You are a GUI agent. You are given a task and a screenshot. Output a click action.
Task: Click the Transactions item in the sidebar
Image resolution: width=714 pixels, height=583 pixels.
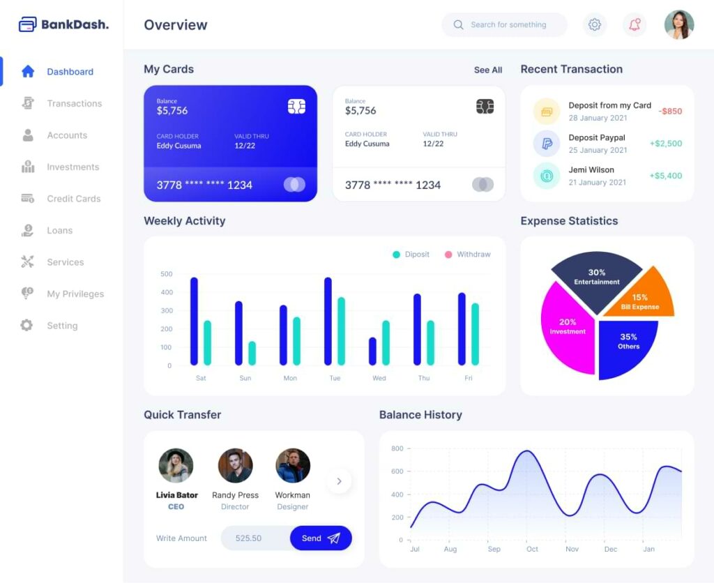[x=74, y=103]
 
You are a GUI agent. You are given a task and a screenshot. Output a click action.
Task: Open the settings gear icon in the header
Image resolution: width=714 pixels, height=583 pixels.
[x=595, y=25]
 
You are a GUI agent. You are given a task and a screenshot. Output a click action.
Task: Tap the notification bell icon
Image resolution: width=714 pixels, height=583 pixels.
[x=635, y=25]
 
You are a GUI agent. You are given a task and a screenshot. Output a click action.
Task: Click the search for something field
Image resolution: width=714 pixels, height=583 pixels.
[x=508, y=25]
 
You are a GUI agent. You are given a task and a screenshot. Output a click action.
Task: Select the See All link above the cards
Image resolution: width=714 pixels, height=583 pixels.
[x=487, y=70]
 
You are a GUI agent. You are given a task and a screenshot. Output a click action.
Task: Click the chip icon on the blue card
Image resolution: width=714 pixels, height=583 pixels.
[x=296, y=107]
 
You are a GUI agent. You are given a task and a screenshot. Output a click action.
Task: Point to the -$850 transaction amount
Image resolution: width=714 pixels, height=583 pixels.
[x=670, y=112]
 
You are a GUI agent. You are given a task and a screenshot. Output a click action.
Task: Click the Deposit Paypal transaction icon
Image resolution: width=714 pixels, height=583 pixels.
[x=547, y=144]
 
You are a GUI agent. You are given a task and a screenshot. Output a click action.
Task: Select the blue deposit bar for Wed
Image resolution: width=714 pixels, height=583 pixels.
[x=372, y=351]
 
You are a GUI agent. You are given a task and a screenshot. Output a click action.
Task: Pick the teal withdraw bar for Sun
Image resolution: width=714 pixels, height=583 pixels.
[x=252, y=353]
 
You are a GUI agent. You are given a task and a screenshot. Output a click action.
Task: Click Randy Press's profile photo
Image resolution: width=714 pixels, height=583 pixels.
[x=235, y=466]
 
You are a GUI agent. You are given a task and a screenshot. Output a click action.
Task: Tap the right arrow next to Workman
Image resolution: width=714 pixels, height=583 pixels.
[x=340, y=481]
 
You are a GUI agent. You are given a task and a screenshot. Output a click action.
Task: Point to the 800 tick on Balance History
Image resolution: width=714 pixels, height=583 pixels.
[x=397, y=448]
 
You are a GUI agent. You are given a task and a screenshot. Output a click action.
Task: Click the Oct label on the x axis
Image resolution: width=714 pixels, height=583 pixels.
[x=533, y=549]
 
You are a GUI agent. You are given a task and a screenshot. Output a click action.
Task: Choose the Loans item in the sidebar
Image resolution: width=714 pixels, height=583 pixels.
[x=59, y=230]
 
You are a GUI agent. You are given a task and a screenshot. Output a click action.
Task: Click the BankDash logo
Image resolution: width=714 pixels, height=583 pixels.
[x=63, y=24]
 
